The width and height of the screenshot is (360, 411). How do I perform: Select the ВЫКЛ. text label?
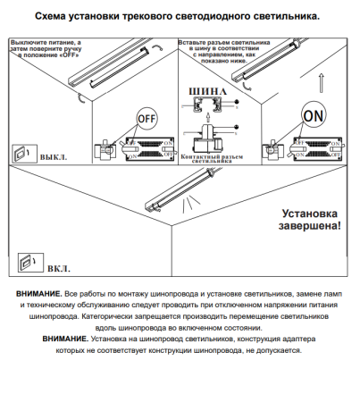(x=54, y=157)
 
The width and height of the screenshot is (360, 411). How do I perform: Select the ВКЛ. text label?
(x=59, y=268)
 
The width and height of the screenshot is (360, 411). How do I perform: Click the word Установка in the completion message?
(x=311, y=214)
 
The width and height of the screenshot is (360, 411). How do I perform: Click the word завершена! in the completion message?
(x=309, y=228)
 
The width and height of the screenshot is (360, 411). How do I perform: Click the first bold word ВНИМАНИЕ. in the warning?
(x=39, y=294)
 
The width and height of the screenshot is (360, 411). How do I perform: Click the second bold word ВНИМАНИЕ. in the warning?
(x=64, y=340)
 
